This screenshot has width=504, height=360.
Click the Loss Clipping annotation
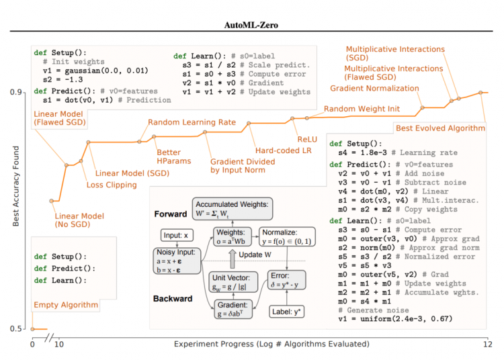click(x=112, y=185)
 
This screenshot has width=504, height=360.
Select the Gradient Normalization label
click(x=374, y=89)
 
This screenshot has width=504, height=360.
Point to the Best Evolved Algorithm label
click(x=439, y=128)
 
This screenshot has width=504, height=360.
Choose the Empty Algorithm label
click(x=66, y=306)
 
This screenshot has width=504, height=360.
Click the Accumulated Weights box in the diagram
click(x=231, y=207)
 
